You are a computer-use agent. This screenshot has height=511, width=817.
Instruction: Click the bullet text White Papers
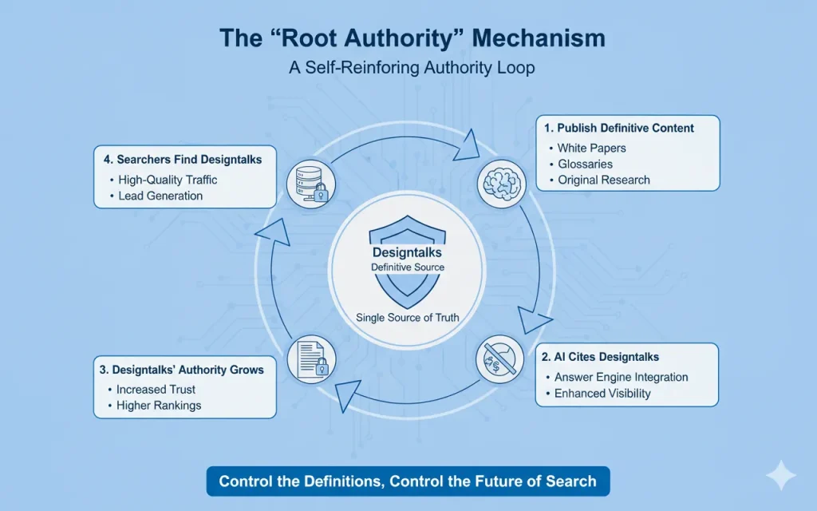(x=591, y=148)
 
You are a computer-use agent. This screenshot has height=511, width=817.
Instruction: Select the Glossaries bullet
(x=585, y=164)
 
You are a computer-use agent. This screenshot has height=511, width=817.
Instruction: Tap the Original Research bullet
(x=603, y=180)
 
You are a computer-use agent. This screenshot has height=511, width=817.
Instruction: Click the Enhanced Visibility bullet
(x=604, y=393)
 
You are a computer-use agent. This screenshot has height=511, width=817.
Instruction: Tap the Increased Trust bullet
(x=156, y=390)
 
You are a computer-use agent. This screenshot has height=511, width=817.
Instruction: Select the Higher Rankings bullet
(x=159, y=406)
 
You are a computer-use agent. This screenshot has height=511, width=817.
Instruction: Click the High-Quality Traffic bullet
(x=168, y=180)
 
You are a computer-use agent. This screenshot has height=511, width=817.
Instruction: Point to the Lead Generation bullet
(x=160, y=196)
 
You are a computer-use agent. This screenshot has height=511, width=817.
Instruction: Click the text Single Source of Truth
(x=408, y=318)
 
